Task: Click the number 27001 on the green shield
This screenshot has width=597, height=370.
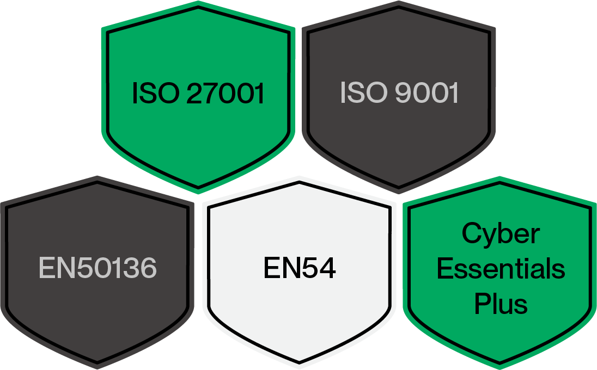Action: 225,94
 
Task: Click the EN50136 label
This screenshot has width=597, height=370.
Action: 98,268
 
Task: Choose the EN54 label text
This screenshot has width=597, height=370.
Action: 300,268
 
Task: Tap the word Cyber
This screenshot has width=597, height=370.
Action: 501,234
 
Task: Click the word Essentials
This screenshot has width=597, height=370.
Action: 501,269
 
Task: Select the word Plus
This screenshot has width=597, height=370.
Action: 501,304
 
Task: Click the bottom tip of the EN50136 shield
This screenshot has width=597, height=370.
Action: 98,363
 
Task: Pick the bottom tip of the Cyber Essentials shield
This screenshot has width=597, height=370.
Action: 500,363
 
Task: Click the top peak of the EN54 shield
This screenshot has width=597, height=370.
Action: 299,180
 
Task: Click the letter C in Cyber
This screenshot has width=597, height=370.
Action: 472,234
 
